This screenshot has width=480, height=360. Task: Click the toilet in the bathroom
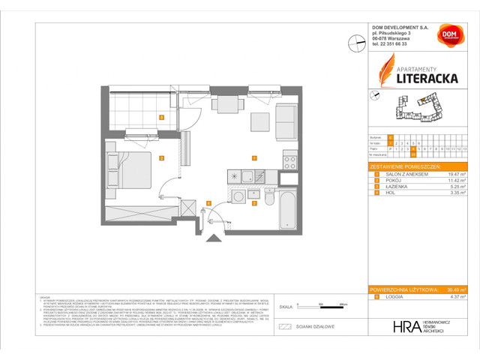click(x=264, y=197)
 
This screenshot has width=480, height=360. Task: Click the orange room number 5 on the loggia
click(x=161, y=117)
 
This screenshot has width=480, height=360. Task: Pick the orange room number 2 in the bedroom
click(x=161, y=157)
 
